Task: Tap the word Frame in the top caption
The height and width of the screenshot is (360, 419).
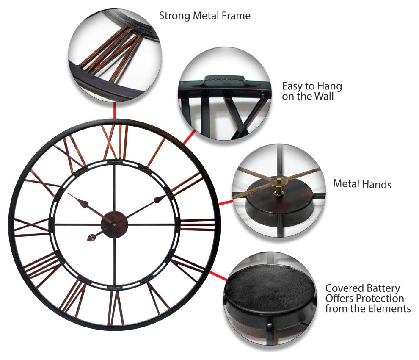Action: tap(235, 16)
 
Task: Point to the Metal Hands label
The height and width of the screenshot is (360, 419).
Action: tap(362, 184)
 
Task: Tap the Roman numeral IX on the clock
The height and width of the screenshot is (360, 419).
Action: tap(31, 225)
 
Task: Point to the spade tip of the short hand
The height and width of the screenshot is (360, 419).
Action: tap(91, 238)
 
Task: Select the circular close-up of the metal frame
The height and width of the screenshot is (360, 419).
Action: tap(115, 55)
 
